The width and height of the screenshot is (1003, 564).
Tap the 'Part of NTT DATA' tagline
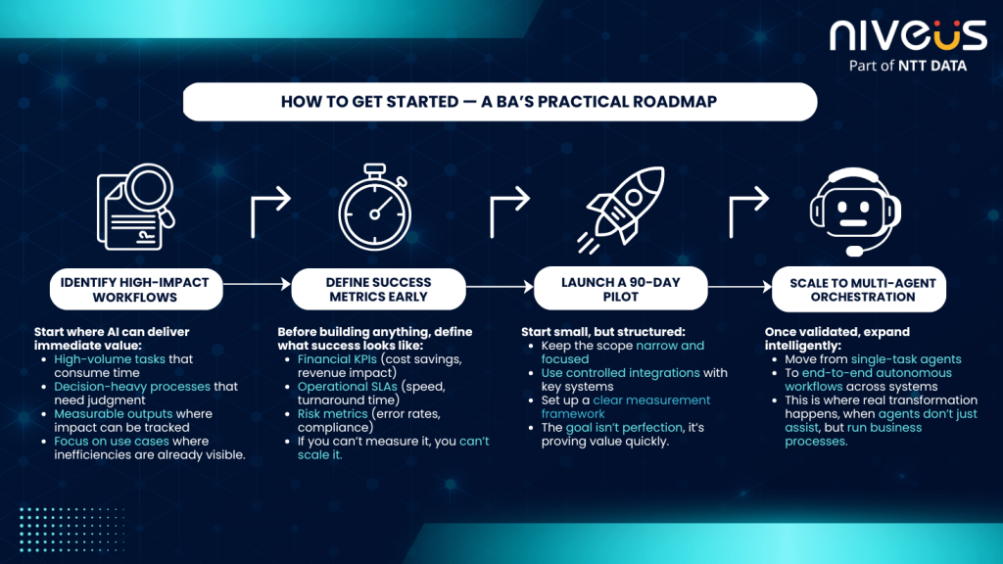point(908,66)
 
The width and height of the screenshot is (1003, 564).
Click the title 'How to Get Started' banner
point(500,102)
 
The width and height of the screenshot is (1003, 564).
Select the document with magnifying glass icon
point(135,206)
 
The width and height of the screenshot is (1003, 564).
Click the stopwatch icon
point(375,207)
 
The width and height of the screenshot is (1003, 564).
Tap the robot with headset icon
point(855,211)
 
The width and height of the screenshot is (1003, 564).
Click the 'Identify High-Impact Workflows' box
point(135,290)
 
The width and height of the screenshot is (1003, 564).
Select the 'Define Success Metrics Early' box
point(378,290)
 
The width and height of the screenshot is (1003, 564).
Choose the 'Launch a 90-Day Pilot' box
point(620,289)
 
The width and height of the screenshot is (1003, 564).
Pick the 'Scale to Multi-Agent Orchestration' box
point(859,290)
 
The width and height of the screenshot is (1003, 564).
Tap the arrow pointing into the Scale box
point(740,287)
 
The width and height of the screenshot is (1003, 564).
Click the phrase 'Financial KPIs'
point(337,359)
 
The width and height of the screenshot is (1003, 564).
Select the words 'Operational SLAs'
point(348,387)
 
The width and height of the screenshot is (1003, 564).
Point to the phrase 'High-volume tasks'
point(110,359)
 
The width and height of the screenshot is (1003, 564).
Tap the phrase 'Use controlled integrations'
point(620,373)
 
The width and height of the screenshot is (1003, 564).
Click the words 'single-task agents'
point(906,359)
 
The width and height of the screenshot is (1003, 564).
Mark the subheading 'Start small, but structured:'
point(603,332)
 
